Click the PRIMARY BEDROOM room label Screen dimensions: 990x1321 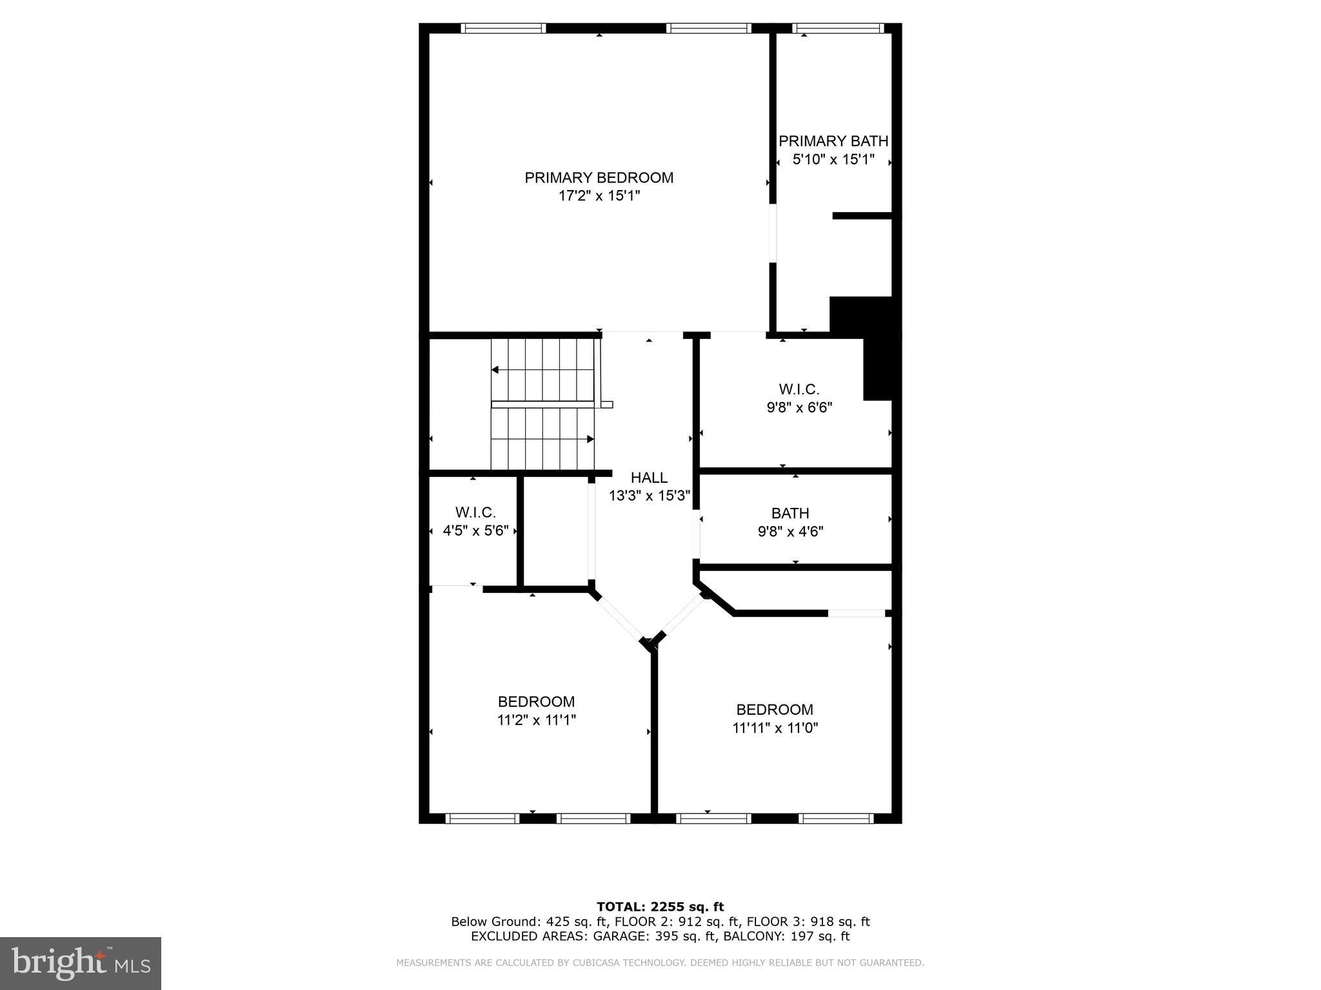599,178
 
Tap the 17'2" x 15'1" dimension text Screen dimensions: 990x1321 599,196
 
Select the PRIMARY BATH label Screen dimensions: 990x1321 833,141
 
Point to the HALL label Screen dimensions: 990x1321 649,478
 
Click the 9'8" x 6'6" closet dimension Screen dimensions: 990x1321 799,407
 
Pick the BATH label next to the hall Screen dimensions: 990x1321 790,514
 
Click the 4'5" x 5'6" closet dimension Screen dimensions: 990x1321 475,531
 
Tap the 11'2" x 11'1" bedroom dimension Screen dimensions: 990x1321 536,720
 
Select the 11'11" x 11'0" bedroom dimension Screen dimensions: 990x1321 775,728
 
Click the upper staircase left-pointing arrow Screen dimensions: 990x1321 495,370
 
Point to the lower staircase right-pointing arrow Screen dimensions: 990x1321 590,439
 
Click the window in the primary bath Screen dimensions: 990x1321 837,28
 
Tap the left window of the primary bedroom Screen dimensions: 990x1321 504,28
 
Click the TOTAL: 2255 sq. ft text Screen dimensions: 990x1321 660,907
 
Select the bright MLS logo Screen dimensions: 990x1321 81,963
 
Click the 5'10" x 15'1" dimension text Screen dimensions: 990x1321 833,159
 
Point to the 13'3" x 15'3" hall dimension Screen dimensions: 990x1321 650,496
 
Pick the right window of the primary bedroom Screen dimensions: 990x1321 708,28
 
